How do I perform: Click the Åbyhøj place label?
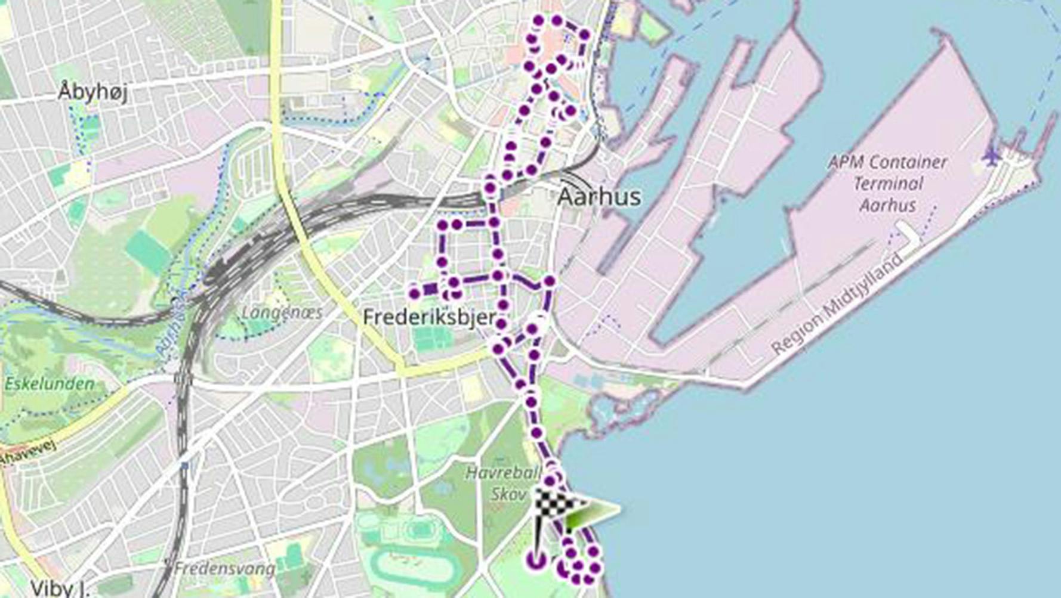pos(92,92)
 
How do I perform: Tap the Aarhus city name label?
pos(599,197)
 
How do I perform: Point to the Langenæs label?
pos(282,312)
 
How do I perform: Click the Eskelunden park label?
pos(50,384)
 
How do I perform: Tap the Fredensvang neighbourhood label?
pos(224,569)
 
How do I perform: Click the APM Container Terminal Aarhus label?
pos(887,183)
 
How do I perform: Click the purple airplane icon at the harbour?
pos(991,157)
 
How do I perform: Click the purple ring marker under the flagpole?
pos(536,560)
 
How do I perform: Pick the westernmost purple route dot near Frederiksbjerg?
pos(414,293)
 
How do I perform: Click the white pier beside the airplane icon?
pos(909,233)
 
